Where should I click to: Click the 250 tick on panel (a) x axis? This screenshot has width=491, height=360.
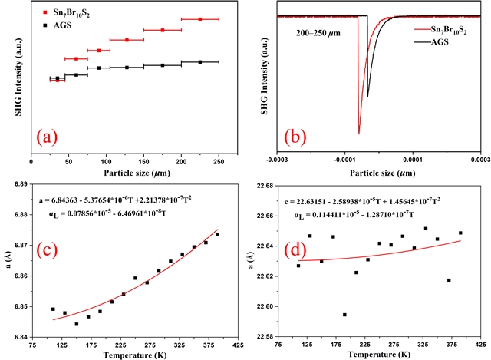[219, 162]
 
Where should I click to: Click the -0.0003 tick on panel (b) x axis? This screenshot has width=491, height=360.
[276, 162]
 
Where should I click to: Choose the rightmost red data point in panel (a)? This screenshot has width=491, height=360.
[199, 19]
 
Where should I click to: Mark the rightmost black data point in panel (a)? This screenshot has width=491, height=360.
[199, 62]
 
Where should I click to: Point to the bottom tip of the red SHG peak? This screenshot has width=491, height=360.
[358, 134]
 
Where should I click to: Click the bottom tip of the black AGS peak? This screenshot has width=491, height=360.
[367, 97]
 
